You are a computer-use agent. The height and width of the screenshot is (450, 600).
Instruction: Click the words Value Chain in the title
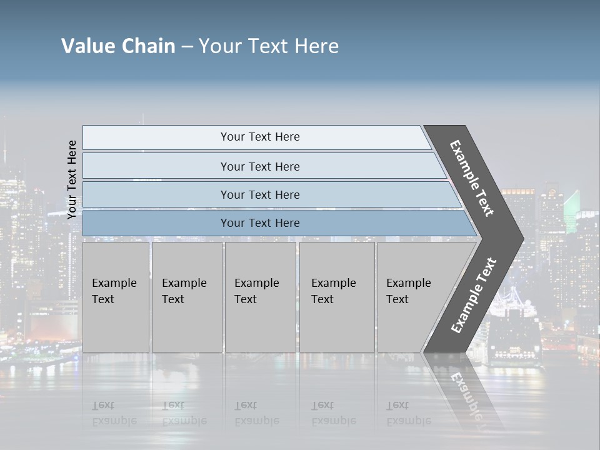(x=118, y=46)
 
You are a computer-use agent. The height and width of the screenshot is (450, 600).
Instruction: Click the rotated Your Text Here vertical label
(x=72, y=179)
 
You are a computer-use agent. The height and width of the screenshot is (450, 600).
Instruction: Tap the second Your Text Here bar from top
(x=259, y=166)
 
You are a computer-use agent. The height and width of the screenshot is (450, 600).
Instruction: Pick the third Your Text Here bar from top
(x=259, y=194)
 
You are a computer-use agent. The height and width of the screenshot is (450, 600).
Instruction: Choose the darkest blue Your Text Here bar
(x=259, y=223)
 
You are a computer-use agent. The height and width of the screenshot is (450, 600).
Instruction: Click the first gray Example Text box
(x=116, y=297)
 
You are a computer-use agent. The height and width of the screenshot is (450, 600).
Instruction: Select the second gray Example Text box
(x=186, y=297)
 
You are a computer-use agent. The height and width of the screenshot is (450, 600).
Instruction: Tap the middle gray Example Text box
(x=260, y=297)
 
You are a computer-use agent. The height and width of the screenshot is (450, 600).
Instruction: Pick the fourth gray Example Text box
(x=337, y=297)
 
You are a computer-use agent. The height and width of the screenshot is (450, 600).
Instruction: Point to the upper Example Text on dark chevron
(x=472, y=178)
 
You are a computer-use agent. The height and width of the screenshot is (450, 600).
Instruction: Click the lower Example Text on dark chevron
(x=474, y=295)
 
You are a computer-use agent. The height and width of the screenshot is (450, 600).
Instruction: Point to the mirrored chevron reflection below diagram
(x=466, y=391)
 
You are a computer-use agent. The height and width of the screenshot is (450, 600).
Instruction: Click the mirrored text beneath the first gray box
(x=114, y=413)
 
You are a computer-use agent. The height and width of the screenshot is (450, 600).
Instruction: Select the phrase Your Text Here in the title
(x=269, y=46)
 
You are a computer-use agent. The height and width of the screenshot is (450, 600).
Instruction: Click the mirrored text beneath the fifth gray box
(x=408, y=413)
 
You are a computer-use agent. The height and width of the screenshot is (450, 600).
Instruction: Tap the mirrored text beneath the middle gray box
(x=256, y=413)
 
